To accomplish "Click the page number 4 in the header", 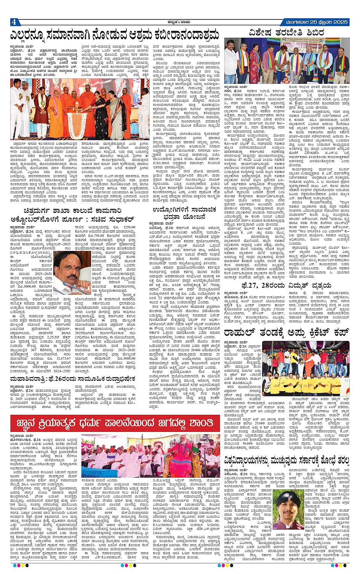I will click(13, 22).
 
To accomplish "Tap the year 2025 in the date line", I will click(339, 22).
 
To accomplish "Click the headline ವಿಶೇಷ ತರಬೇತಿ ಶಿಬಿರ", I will click(286, 32).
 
